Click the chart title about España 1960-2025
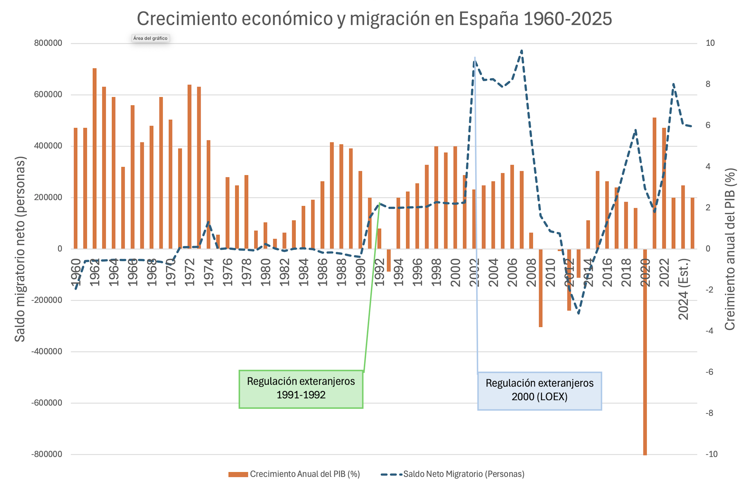374,19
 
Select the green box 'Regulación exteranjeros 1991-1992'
301,389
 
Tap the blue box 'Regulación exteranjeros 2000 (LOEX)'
540,391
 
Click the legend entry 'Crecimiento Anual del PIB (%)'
295,474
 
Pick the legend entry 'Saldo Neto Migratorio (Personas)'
453,474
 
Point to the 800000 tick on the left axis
48,43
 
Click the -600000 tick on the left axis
47,403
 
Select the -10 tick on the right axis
711,454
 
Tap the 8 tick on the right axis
708,84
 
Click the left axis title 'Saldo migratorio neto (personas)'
20,249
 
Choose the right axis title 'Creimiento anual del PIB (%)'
729,249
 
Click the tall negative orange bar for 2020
645,351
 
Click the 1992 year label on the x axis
379,272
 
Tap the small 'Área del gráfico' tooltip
150,38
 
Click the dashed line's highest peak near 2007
522,51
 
